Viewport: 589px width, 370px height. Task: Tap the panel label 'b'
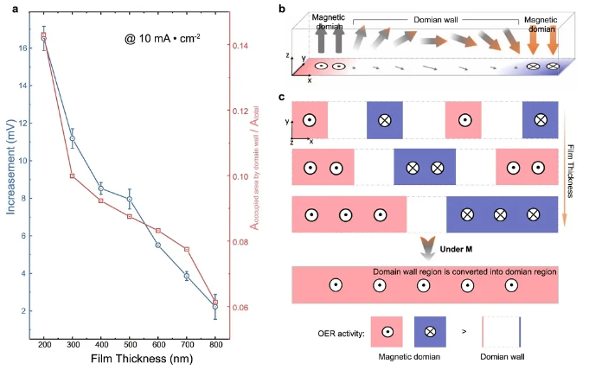coord(291,8)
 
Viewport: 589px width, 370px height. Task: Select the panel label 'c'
coord(291,96)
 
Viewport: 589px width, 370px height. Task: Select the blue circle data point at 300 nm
coord(73,138)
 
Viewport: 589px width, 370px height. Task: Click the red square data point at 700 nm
coord(187,249)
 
